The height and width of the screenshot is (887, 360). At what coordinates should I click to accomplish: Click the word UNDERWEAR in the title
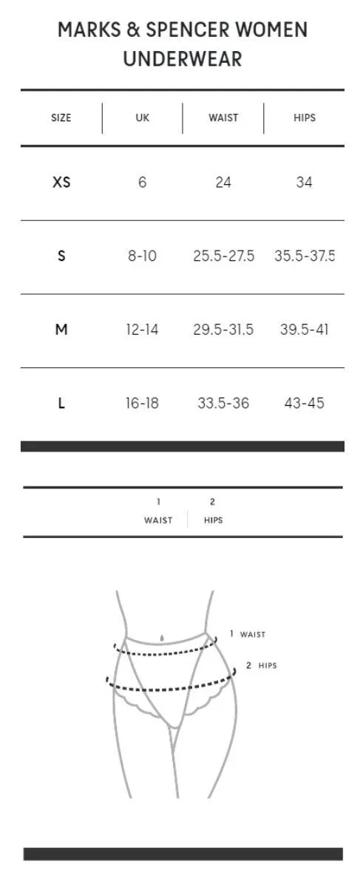tap(182, 58)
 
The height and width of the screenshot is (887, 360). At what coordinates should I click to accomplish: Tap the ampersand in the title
tap(134, 30)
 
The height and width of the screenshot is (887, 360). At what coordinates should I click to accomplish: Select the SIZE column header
tap(61, 118)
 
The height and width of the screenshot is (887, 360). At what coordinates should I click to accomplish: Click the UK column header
tap(143, 118)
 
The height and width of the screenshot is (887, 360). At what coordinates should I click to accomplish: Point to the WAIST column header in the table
tap(223, 118)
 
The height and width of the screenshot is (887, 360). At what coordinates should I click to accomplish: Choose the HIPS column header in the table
tap(305, 118)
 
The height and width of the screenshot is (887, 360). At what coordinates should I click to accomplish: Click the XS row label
tap(61, 182)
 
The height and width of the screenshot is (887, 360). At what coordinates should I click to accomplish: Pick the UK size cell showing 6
tap(142, 182)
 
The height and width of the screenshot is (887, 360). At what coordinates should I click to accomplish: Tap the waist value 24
tap(223, 182)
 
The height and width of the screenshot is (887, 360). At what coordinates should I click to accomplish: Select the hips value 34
tap(304, 182)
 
